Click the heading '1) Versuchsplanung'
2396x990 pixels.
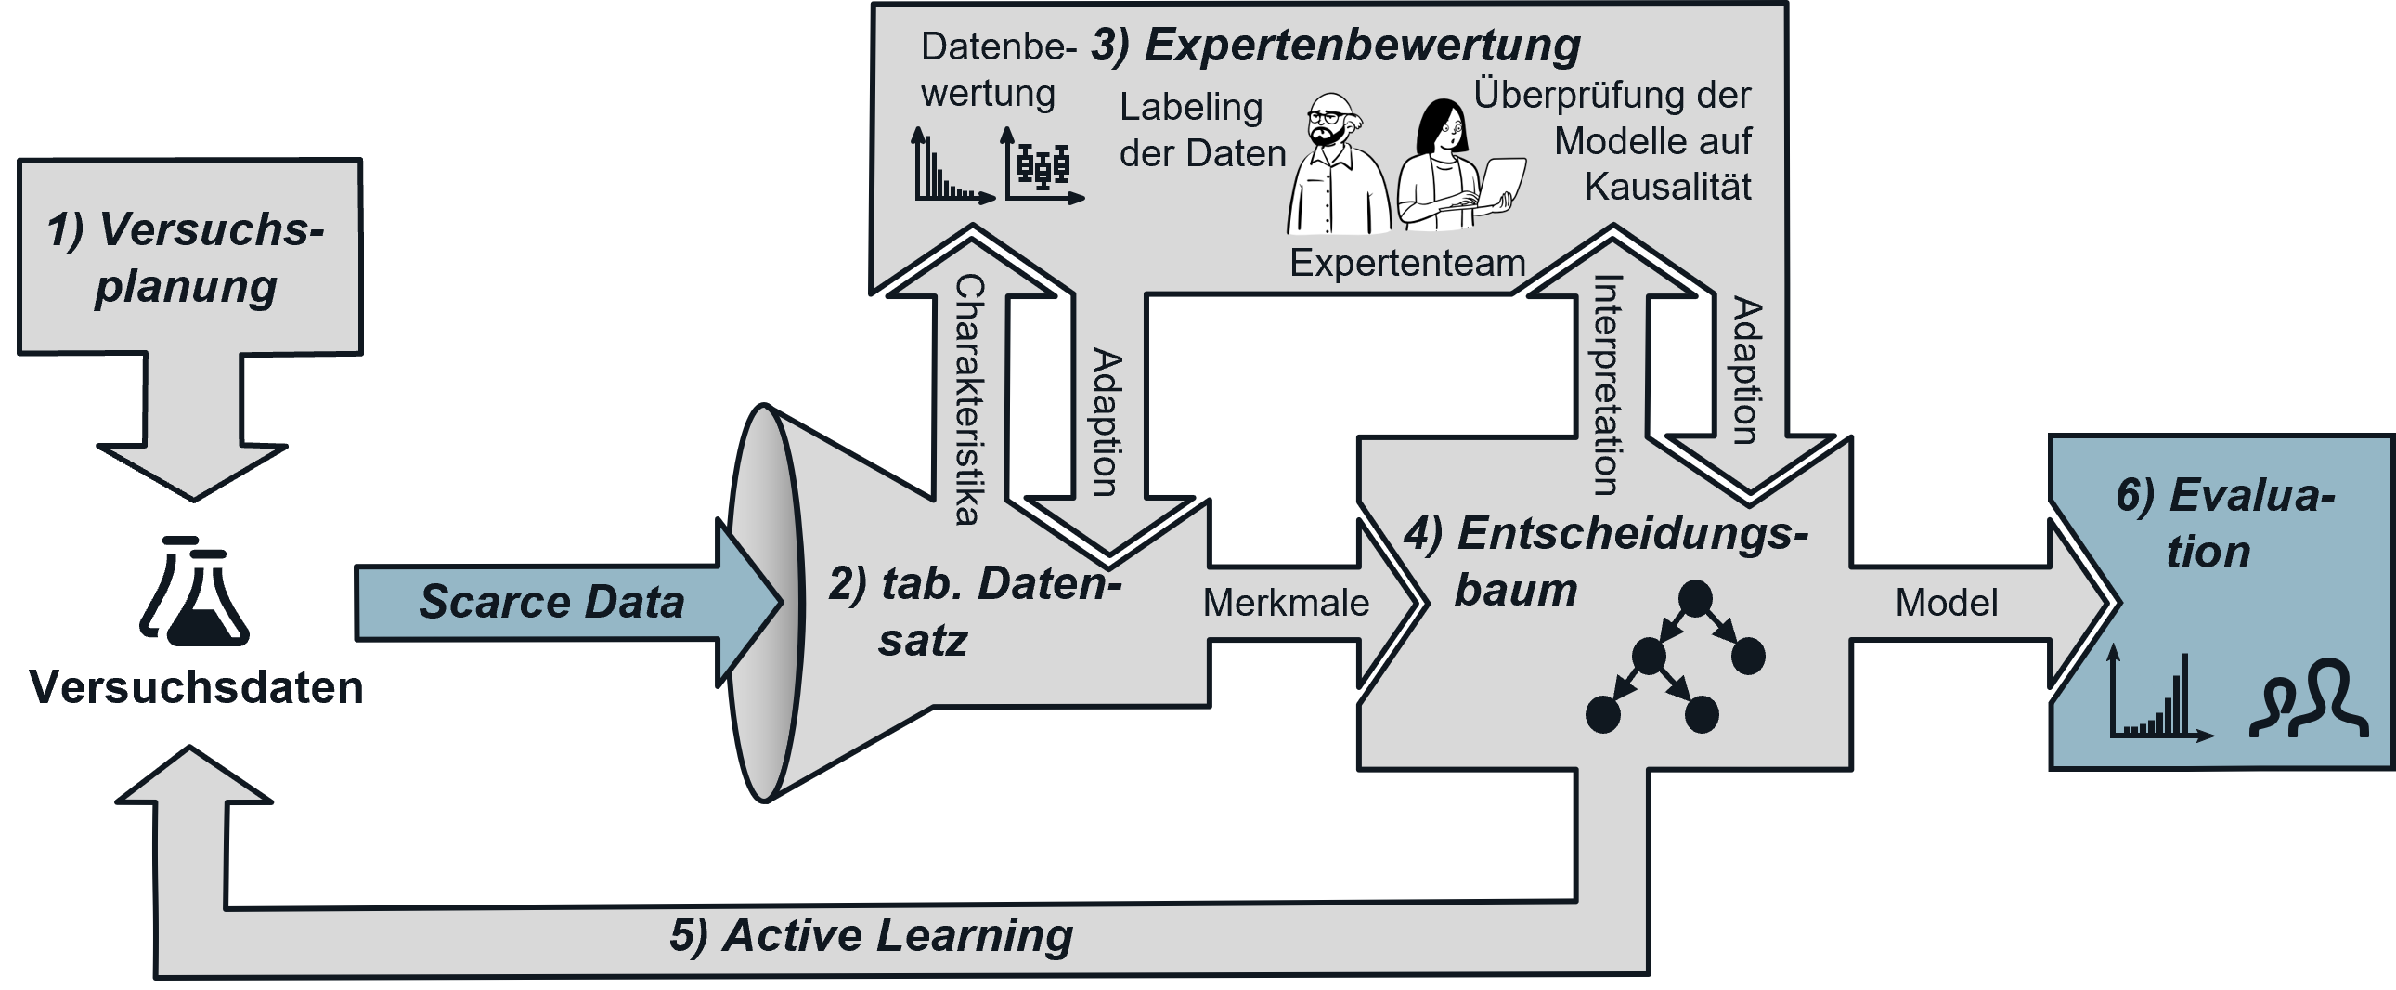click(x=186, y=257)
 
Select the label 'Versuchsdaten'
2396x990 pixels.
click(x=195, y=687)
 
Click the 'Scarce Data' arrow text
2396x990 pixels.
click(x=551, y=601)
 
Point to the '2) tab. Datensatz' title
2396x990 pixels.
click(x=975, y=611)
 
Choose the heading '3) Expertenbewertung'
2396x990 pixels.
click(x=1336, y=45)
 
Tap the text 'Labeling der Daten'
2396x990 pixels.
click(x=1201, y=130)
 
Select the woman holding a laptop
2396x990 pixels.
click(x=1451, y=167)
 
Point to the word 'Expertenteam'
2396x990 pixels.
click(x=1407, y=264)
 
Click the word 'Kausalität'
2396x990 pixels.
click(x=1667, y=186)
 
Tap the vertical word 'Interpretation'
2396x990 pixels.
click(x=1607, y=384)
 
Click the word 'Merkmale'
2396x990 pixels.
click(x=1286, y=603)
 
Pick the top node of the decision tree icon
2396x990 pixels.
click(x=1694, y=598)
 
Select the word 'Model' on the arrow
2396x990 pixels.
click(x=1946, y=603)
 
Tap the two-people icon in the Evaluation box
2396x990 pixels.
click(x=2309, y=712)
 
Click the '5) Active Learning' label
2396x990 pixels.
click(x=871, y=935)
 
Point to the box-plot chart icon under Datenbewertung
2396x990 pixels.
click(x=1043, y=168)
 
